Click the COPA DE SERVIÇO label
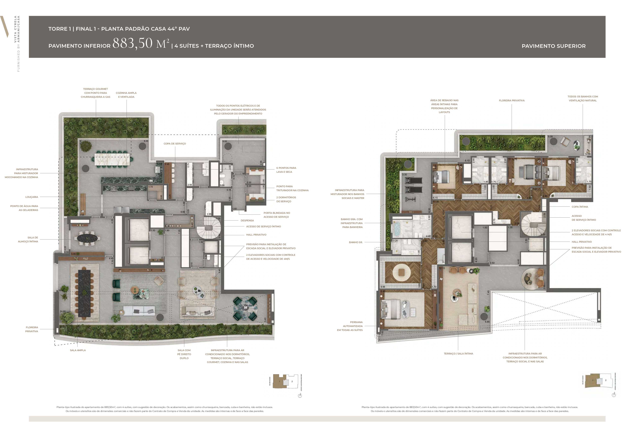pyautogui.click(x=175, y=144)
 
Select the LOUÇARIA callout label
pyautogui.click(x=32, y=197)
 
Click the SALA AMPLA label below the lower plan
pyautogui.click(x=78, y=350)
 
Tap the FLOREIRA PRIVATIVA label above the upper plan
pyautogui.click(x=511, y=100)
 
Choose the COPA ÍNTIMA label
pyautogui.click(x=580, y=207)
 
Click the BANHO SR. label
pyautogui.click(x=356, y=242)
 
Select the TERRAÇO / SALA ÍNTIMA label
pyautogui.click(x=458, y=353)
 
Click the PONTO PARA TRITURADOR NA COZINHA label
pyautogui.click(x=292, y=188)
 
